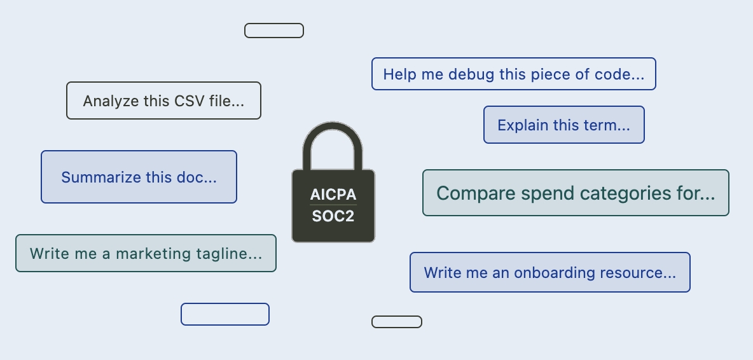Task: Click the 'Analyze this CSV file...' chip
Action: [163, 100]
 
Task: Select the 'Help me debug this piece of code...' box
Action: [514, 74]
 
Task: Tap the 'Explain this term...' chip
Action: [563, 125]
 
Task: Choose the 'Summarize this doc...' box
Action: [139, 177]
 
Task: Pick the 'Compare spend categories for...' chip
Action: [576, 193]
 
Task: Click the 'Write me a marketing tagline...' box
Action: [146, 253]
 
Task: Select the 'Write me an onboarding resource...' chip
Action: [550, 272]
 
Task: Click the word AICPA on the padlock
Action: [333, 195]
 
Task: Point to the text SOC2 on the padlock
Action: [333, 216]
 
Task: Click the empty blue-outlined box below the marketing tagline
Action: [225, 314]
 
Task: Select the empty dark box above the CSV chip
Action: [274, 31]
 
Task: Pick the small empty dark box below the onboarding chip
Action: [397, 322]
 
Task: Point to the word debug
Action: [464, 74]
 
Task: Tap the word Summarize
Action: [101, 177]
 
